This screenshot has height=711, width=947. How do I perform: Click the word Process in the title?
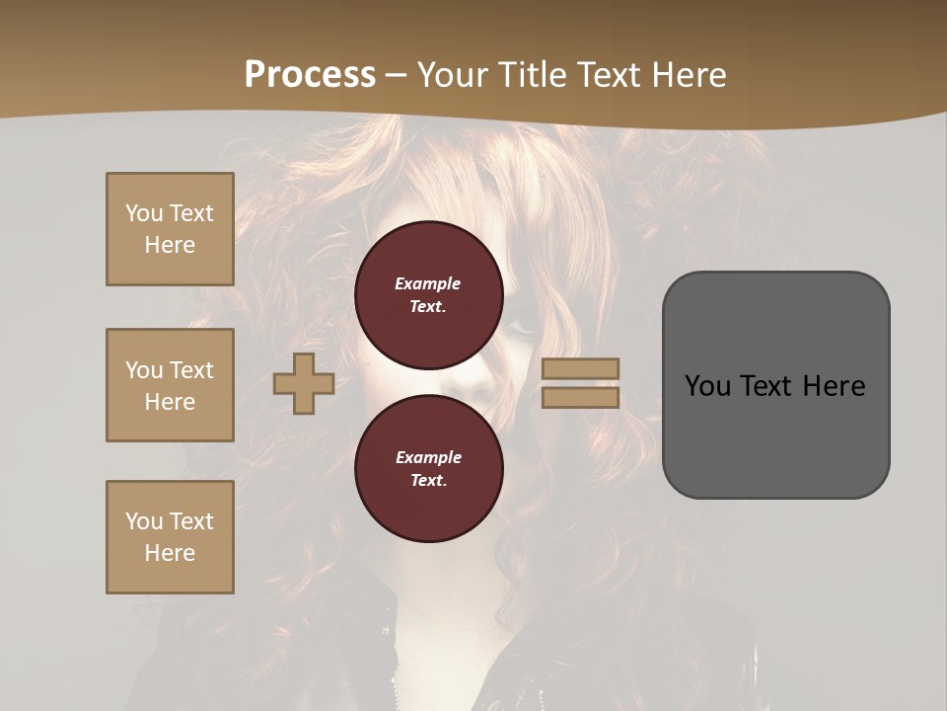(310, 74)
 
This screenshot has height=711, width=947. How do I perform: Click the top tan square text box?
(170, 229)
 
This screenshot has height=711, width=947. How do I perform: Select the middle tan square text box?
(170, 385)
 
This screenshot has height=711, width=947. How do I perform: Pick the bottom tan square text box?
(170, 537)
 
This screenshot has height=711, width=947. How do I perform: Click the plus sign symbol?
(304, 383)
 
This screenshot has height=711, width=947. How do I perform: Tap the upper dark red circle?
(429, 295)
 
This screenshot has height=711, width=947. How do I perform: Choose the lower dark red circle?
(429, 469)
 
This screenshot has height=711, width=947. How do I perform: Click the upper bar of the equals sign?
(580, 368)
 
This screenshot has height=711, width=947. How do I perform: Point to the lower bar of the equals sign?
(580, 397)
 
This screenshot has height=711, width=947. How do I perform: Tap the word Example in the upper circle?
(428, 283)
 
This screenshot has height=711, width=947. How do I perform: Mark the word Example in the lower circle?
(428, 457)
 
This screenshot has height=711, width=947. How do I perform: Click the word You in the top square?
(144, 213)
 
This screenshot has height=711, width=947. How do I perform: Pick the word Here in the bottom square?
(170, 553)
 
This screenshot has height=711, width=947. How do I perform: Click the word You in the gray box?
(706, 385)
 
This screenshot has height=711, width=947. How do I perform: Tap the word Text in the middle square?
(190, 370)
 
